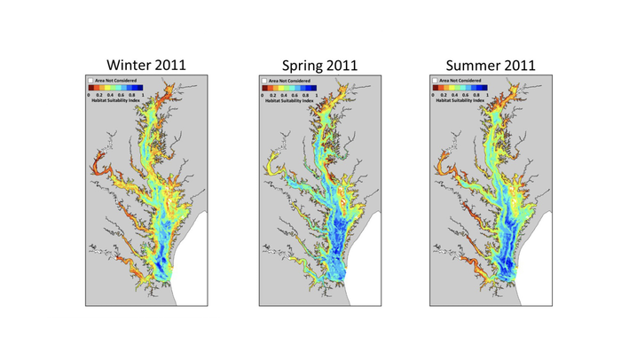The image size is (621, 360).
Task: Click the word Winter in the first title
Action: tap(128, 65)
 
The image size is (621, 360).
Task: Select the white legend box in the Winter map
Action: tap(90, 81)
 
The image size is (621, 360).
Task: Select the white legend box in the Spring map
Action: tap(264, 81)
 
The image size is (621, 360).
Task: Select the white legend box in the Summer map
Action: tap(435, 81)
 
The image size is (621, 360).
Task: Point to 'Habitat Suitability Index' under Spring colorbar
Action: tap(289, 100)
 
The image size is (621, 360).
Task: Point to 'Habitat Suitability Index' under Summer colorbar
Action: tap(460, 100)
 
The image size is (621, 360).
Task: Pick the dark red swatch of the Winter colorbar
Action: tap(90, 88)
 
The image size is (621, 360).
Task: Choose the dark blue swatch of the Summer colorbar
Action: tap(484, 88)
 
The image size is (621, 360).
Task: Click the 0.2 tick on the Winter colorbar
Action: tap(98, 94)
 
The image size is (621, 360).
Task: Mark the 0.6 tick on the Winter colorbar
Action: tap(122, 94)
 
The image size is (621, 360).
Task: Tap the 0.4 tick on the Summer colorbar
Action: tap(455, 94)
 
